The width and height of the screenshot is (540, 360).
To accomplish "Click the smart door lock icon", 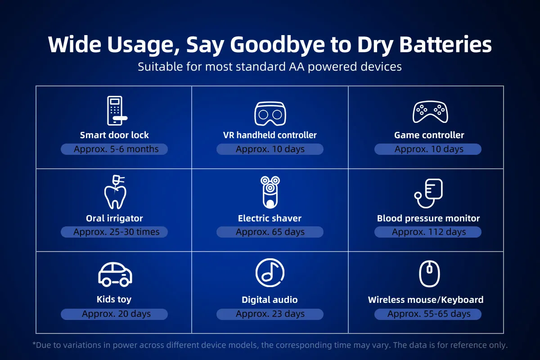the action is click(x=115, y=111).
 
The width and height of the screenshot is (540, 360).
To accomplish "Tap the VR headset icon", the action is click(x=270, y=113).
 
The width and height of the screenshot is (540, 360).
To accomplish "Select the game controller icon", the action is click(x=430, y=112).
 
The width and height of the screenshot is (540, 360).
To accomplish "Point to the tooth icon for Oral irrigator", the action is click(x=115, y=192).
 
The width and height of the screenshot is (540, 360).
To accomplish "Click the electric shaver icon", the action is click(x=270, y=192).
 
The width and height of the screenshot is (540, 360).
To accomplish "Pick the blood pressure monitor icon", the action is click(x=428, y=193).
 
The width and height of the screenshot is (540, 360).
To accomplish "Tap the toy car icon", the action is click(x=115, y=274).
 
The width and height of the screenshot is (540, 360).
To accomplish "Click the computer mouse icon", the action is click(x=429, y=274).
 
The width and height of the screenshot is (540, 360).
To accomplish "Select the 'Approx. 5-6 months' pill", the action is click(x=114, y=149).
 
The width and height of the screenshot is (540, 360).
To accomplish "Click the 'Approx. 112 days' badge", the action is click(x=428, y=232).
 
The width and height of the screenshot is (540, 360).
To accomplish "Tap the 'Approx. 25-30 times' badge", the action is click(x=114, y=232).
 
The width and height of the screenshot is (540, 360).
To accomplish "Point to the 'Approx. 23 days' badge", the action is click(x=270, y=314).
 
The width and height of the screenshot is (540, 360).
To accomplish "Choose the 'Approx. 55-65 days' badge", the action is click(x=428, y=314).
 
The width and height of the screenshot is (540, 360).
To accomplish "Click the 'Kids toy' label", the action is click(x=114, y=300).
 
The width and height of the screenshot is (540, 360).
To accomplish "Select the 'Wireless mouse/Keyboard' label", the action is click(x=426, y=300).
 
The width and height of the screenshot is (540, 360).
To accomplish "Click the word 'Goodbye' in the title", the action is click(x=277, y=45).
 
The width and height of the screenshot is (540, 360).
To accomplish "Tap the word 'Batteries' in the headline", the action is click(x=445, y=45).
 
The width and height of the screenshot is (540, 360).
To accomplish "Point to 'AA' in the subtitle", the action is click(x=297, y=67).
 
